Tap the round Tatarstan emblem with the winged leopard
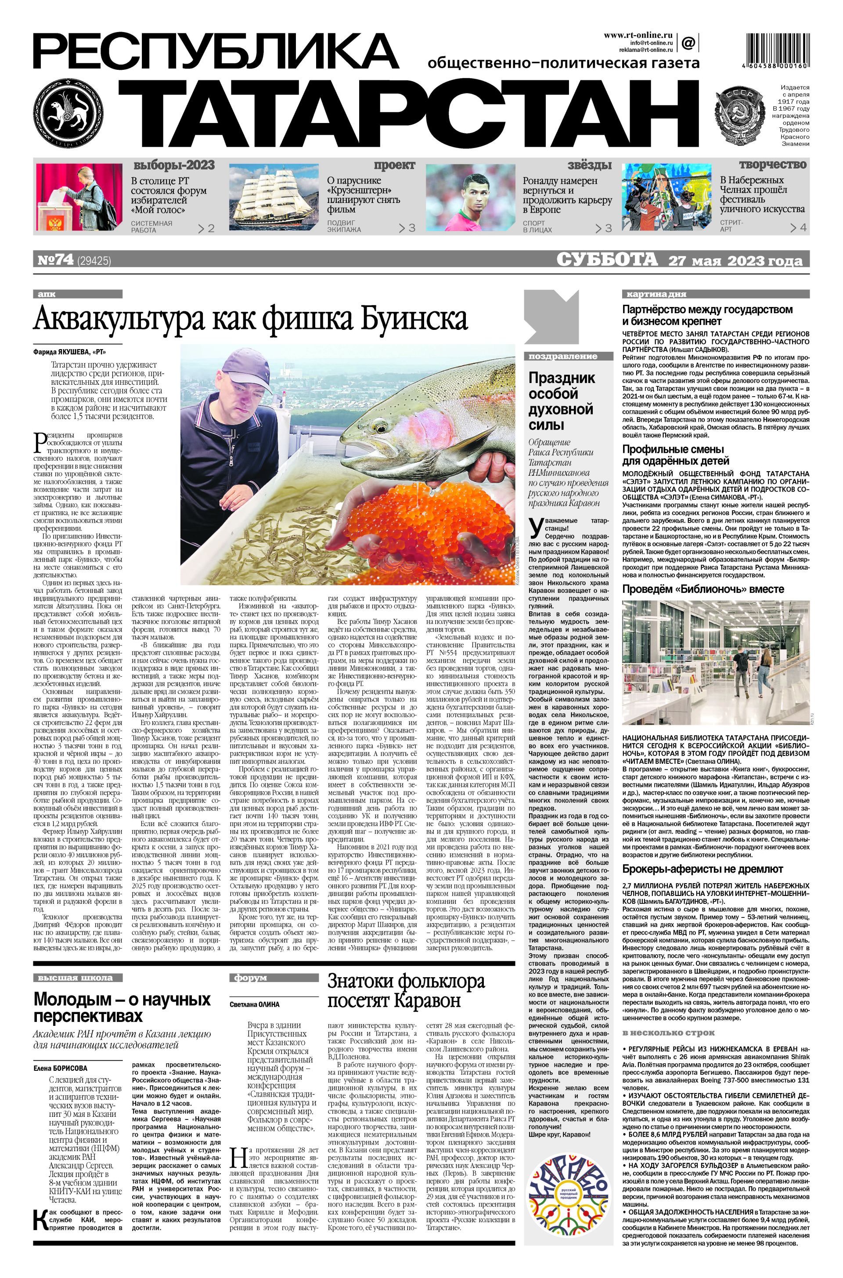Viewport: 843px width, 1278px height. (x=66, y=113)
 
